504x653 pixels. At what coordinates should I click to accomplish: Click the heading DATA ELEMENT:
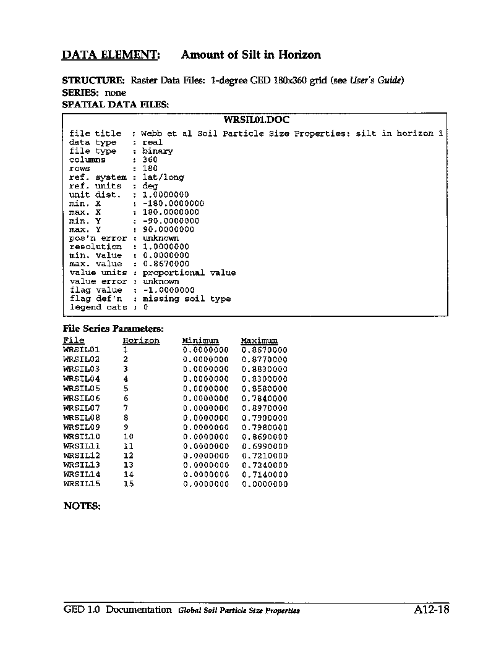(x=111, y=55)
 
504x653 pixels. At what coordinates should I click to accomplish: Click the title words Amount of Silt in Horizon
(x=250, y=55)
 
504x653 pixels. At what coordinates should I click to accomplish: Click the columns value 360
(x=150, y=160)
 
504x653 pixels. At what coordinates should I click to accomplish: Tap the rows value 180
(x=150, y=169)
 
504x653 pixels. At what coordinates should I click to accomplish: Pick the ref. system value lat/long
(x=163, y=177)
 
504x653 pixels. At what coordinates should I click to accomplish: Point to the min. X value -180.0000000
(x=173, y=203)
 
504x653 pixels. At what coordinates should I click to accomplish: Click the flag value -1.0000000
(x=168, y=290)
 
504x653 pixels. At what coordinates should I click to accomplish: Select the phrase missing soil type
(x=186, y=298)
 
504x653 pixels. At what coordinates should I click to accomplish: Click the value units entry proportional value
(x=189, y=272)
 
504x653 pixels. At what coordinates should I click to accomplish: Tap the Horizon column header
(x=141, y=340)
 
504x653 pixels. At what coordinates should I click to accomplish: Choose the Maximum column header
(x=259, y=340)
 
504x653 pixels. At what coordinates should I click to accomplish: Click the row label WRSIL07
(x=82, y=408)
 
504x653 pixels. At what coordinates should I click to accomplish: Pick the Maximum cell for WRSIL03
(x=265, y=369)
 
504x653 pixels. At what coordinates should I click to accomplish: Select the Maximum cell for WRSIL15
(x=265, y=484)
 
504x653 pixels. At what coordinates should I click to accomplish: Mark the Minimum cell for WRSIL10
(x=206, y=436)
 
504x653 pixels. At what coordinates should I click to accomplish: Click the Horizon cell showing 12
(x=129, y=455)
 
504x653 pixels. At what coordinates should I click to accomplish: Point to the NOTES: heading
(x=82, y=506)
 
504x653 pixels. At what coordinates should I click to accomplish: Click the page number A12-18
(x=431, y=610)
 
